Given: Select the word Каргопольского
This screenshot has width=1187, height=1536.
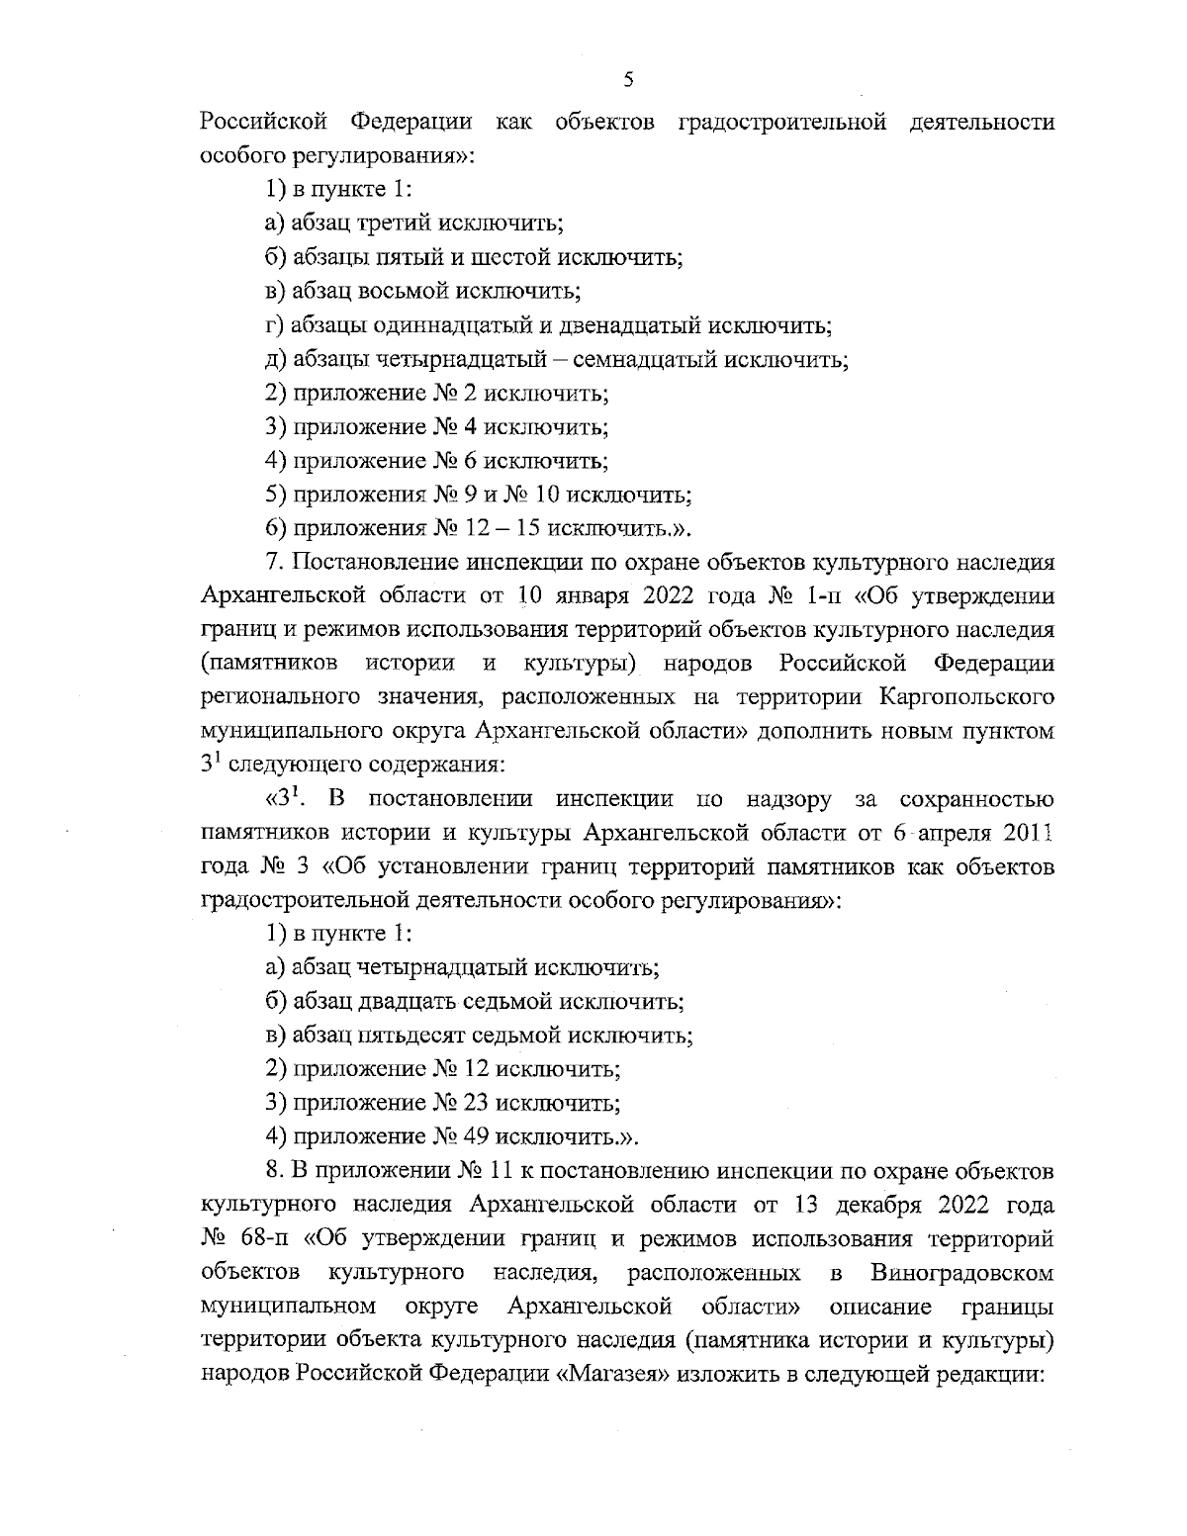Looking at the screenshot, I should (964, 697).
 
